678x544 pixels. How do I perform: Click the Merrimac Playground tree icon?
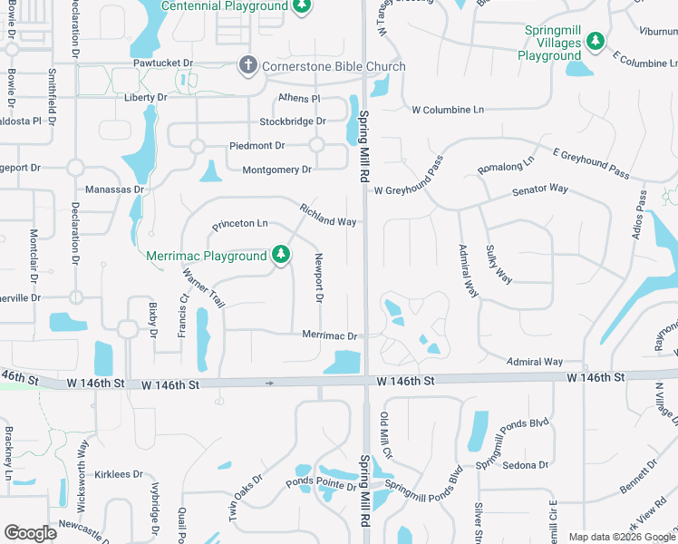tap(281, 256)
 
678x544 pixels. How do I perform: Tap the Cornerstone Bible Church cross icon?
tap(247, 66)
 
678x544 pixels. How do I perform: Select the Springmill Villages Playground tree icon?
tap(595, 41)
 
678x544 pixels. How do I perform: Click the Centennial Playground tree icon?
tap(303, 7)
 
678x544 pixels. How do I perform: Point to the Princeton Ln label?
tap(240, 223)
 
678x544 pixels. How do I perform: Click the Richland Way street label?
tap(328, 215)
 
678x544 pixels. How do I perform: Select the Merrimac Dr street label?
tap(330, 335)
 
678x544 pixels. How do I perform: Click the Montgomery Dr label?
tap(276, 170)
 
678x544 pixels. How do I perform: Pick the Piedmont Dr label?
tap(257, 145)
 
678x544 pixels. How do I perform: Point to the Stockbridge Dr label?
tap(292, 121)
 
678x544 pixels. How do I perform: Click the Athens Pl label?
tap(299, 98)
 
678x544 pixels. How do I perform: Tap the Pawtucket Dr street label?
tap(164, 63)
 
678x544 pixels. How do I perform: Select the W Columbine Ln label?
tap(448, 110)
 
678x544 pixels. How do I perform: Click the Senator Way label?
tap(539, 189)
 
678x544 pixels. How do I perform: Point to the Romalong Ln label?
tap(507, 164)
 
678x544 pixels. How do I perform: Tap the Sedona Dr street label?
tap(526, 465)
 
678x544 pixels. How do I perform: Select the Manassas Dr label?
tap(115, 189)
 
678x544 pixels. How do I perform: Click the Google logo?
tap(30, 532)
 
